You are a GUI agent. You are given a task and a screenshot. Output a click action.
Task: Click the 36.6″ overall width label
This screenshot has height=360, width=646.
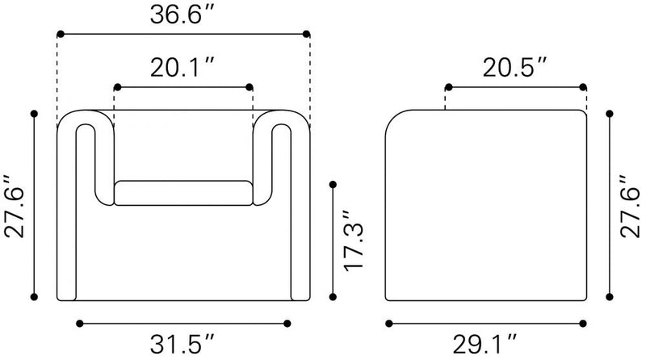pos(182,15)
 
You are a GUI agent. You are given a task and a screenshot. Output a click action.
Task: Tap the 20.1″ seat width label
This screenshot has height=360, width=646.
pos(182,68)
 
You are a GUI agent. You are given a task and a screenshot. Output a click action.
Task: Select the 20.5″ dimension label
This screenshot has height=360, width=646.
pos(515,68)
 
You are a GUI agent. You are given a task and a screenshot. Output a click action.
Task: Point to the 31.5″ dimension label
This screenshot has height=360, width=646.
pos(182,344)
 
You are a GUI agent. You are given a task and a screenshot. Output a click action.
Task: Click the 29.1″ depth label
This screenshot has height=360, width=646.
pos(485,344)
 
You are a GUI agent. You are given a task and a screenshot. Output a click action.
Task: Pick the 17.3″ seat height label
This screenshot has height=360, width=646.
pos(354,241)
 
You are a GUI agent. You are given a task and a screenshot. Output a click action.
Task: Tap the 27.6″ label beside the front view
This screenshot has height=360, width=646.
pos(15,207)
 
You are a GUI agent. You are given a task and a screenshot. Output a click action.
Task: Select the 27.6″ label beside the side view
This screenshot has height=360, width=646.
pos(630,206)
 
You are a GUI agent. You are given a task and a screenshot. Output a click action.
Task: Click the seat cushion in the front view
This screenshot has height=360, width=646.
pos(183,193)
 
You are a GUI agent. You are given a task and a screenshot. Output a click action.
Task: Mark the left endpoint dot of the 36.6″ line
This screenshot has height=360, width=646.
pos(61,34)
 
